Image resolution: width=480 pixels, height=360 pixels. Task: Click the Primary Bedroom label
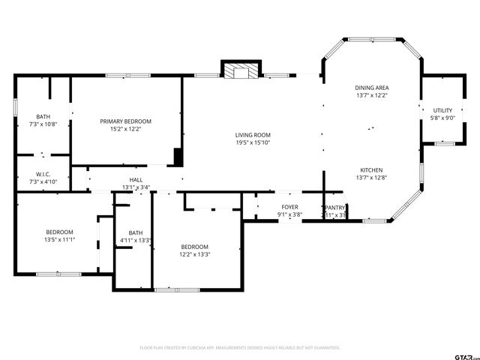pyautogui.click(x=126, y=121)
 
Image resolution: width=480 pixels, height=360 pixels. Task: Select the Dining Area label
pyautogui.click(x=372, y=88)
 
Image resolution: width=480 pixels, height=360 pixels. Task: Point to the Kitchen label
pyautogui.click(x=372, y=169)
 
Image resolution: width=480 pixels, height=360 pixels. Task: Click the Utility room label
pyautogui.click(x=442, y=110)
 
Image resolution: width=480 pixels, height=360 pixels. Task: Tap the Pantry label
pyautogui.click(x=334, y=207)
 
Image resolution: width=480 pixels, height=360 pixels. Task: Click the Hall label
pyautogui.click(x=136, y=180)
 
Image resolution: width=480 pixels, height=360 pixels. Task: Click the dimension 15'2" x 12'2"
pyautogui.click(x=126, y=129)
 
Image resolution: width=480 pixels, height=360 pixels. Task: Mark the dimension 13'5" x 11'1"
pyautogui.click(x=60, y=240)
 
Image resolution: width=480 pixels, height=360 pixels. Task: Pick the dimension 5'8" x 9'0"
pyautogui.click(x=442, y=118)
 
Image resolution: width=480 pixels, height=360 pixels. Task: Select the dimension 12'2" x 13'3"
pyautogui.click(x=194, y=254)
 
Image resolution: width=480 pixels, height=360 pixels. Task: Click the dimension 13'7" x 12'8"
pyautogui.click(x=372, y=178)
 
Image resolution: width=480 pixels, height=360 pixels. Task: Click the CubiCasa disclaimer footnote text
pyautogui.click(x=240, y=348)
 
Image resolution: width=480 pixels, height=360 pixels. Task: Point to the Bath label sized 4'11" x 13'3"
pyautogui.click(x=136, y=232)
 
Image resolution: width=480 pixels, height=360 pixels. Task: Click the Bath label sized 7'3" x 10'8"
pyautogui.click(x=43, y=116)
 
